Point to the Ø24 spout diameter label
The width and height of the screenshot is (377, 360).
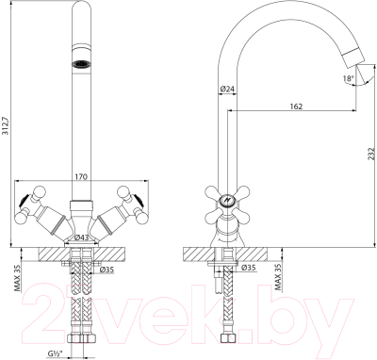click(x=226, y=90)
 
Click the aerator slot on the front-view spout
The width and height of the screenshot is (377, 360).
click(x=80, y=64)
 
